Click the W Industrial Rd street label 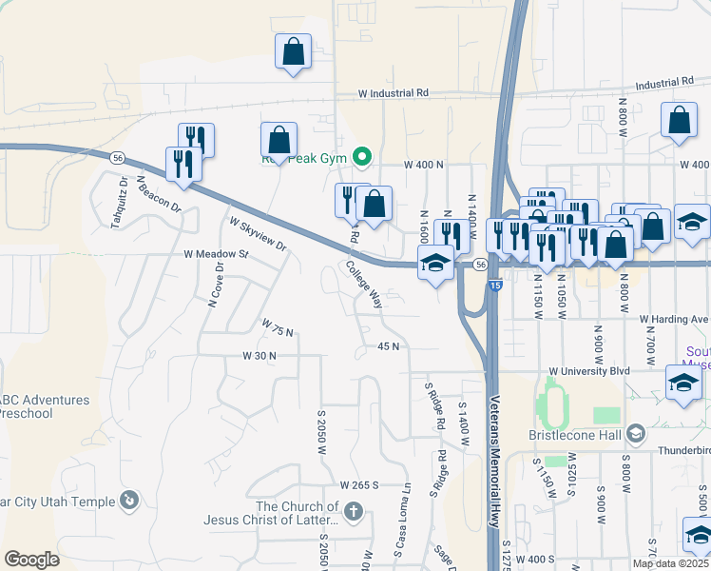click(394, 93)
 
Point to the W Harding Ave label click(674, 319)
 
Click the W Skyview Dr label click(258, 233)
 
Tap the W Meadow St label click(216, 255)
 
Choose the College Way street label click(364, 285)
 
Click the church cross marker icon click(353, 513)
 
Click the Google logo click(31, 560)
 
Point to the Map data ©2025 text click(670, 563)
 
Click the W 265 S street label click(358, 484)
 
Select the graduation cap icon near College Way click(436, 263)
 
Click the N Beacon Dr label click(158, 193)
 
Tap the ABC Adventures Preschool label click(43, 406)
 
